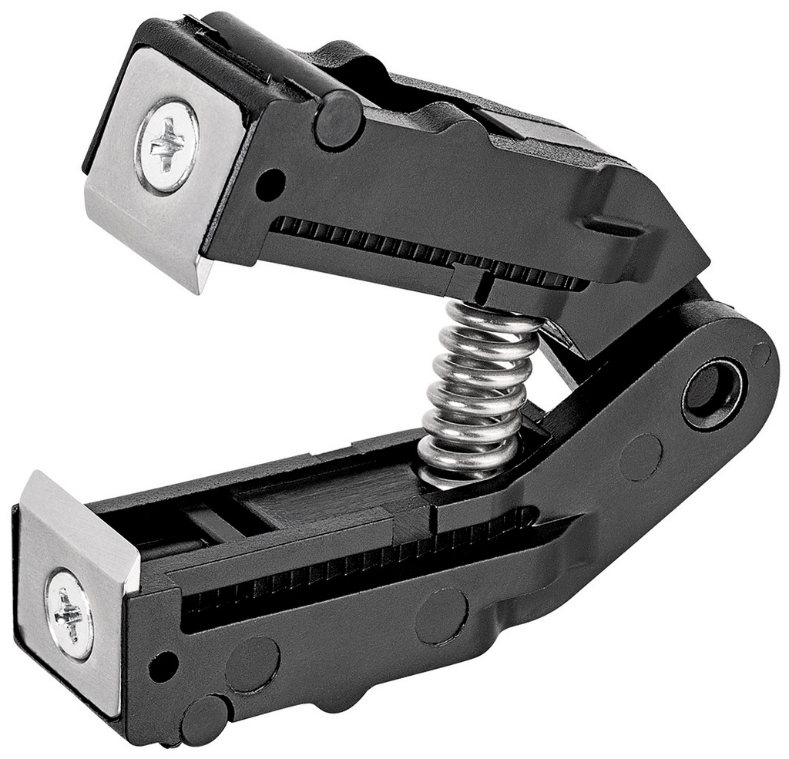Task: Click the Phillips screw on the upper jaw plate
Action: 167,146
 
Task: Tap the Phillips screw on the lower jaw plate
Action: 69,613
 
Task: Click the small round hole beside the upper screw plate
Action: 270,183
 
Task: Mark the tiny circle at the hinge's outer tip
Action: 760,354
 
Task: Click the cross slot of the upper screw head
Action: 167,146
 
